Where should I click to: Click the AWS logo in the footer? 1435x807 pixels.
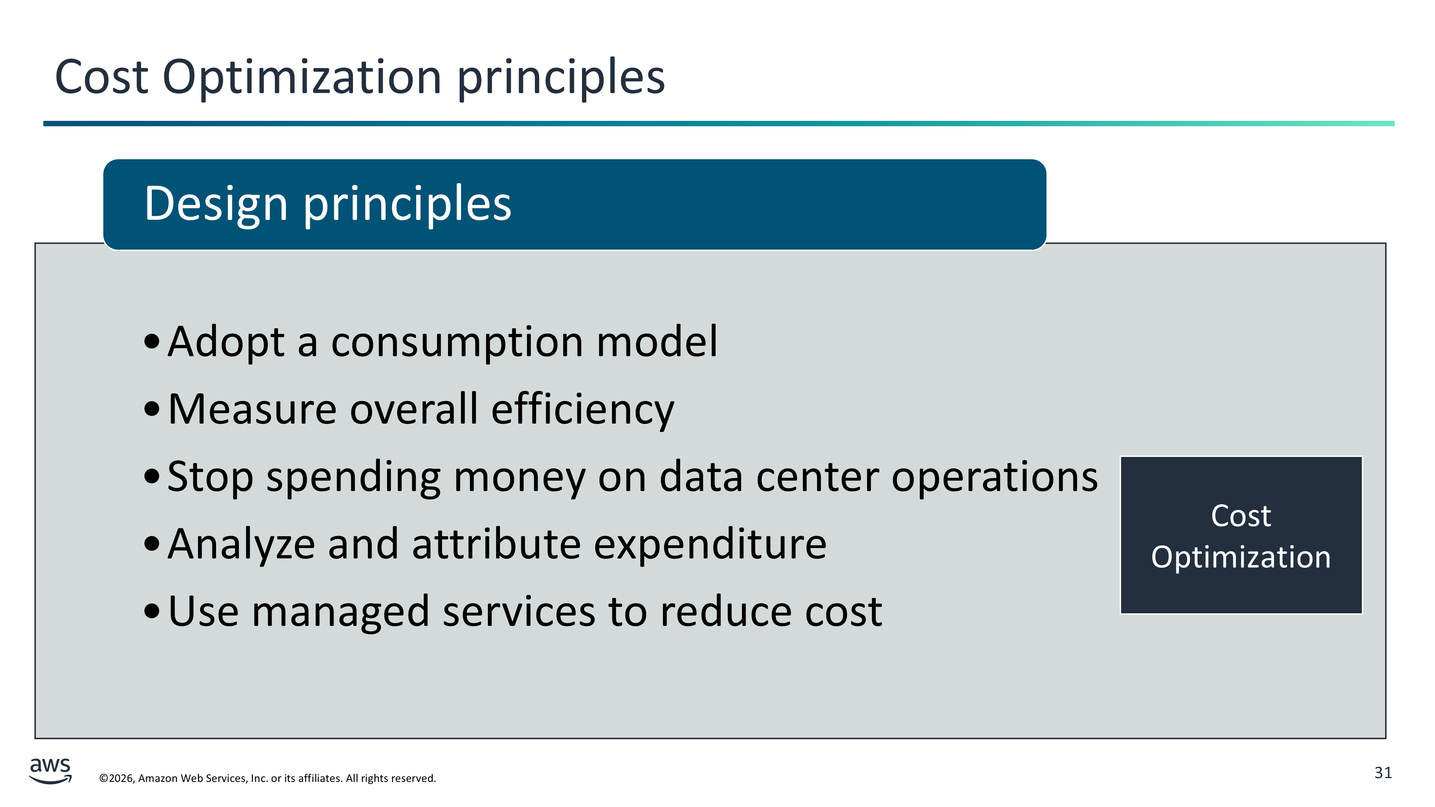[x=50, y=770]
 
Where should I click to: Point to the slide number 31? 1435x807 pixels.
[x=1383, y=773]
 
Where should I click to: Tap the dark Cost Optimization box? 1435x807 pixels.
[x=1241, y=535]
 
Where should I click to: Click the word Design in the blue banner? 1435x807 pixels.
[x=216, y=204]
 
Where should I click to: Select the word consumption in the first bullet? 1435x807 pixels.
[x=457, y=343]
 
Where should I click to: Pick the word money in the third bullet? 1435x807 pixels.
[x=519, y=478]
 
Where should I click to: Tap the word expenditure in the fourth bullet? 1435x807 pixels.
[x=710, y=545]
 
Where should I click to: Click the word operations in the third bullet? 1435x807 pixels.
[x=994, y=478]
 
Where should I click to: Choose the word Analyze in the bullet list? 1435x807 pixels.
[x=241, y=545]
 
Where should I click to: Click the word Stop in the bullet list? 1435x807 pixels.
[x=211, y=478]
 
